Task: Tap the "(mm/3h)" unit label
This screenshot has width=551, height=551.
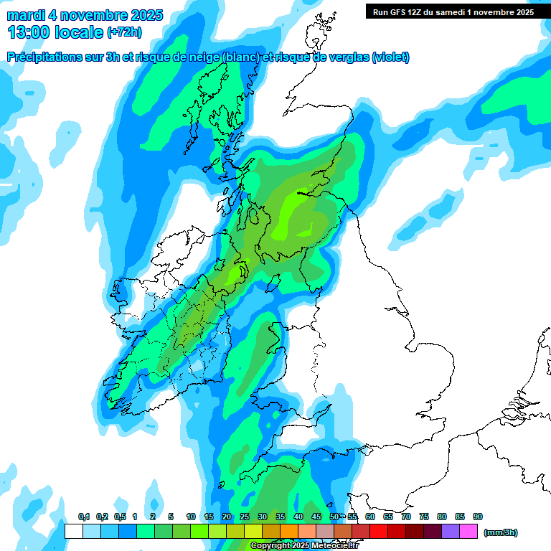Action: (x=500, y=532)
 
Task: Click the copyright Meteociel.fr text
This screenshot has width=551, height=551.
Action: (x=304, y=546)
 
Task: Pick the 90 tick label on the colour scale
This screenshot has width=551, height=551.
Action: (x=478, y=517)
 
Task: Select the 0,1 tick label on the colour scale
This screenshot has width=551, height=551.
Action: (x=84, y=517)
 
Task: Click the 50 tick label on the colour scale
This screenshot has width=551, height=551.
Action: (x=334, y=517)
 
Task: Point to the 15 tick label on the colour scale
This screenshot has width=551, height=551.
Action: (x=209, y=517)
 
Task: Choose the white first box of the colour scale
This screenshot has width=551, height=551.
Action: (x=73, y=532)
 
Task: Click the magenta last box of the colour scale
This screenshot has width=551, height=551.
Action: (x=468, y=532)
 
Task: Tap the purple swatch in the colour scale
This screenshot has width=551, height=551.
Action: (x=451, y=532)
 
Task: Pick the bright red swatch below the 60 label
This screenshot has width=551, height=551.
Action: (x=379, y=532)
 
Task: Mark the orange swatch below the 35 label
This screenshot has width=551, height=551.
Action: (x=289, y=532)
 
